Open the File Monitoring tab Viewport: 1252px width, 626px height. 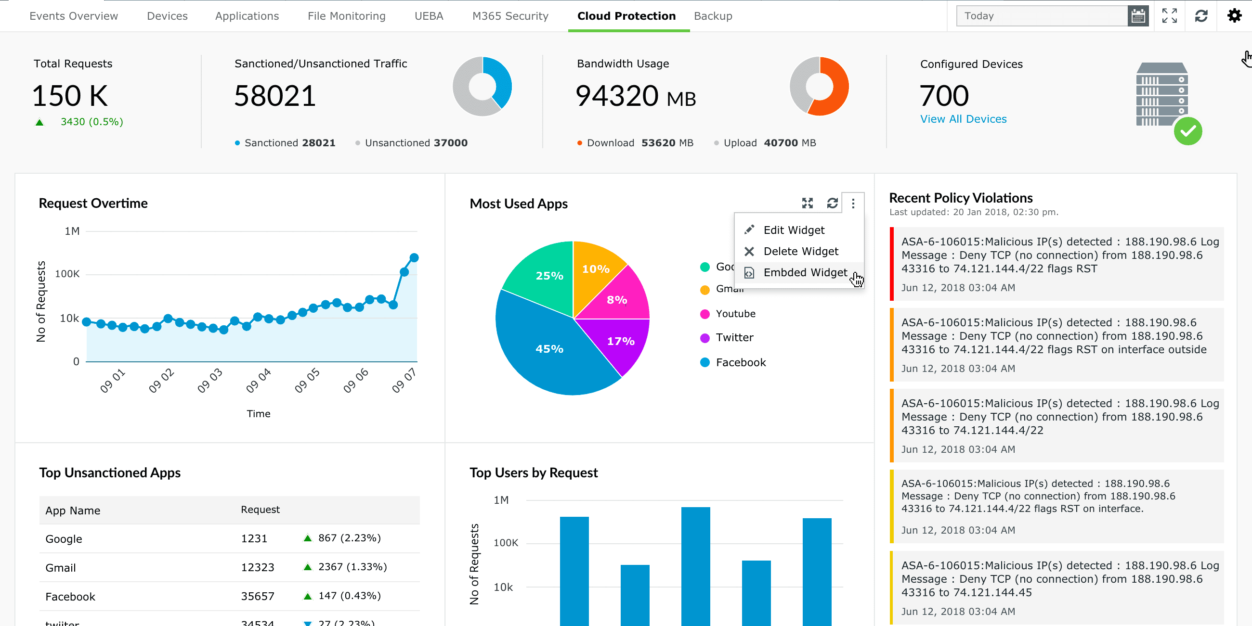coord(346,16)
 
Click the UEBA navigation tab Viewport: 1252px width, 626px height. coord(428,16)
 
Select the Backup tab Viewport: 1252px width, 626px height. coord(713,16)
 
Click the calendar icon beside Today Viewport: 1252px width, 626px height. coord(1137,16)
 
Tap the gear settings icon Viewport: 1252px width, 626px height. coord(1234,16)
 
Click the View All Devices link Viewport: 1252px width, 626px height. coord(963,119)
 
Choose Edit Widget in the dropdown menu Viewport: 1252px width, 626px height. coord(793,230)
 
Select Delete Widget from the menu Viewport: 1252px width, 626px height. coord(800,251)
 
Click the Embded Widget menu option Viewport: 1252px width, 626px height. coord(804,272)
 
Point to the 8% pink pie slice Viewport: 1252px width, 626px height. coord(616,300)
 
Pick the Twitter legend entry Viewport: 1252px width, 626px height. coord(733,337)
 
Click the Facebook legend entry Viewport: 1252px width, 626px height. coord(740,362)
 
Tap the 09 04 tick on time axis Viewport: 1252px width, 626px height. coord(258,380)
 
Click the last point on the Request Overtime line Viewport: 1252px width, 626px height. coord(414,257)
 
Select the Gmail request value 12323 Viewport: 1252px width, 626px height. coord(257,567)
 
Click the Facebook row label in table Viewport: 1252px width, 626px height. coord(70,596)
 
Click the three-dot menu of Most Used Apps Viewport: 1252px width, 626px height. coord(852,204)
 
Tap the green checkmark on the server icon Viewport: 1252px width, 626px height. coord(1187,132)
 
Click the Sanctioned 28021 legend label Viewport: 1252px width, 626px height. coord(289,143)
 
